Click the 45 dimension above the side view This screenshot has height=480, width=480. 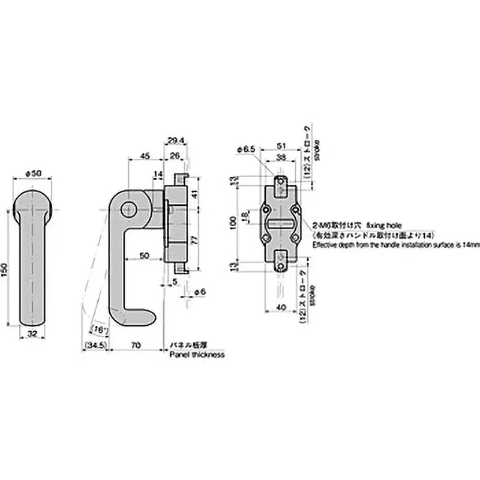[145, 156]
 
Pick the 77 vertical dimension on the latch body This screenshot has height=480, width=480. [193, 239]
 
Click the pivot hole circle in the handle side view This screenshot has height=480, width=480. [128, 209]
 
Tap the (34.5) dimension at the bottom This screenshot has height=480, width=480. [95, 346]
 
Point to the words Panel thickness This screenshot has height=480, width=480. [197, 355]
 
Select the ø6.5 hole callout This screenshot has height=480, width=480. [246, 149]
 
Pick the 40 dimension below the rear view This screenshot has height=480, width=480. [281, 308]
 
